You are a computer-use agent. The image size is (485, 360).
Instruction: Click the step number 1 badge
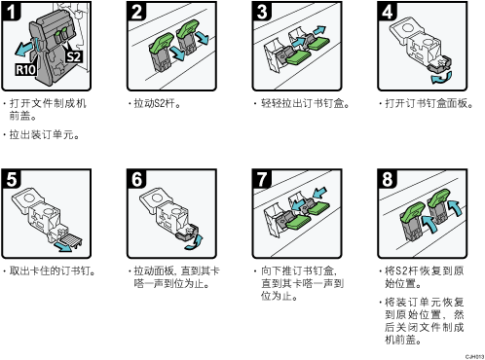coord(11,11)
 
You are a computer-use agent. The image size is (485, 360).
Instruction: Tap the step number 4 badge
coord(387,11)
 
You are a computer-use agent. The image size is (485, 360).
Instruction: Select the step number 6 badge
coord(136,179)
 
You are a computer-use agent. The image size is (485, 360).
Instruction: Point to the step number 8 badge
coord(387,179)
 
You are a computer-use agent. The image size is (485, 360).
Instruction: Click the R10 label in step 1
coord(25,69)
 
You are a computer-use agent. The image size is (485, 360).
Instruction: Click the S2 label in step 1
coord(74,56)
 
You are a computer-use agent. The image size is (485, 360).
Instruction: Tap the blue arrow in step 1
coord(24,48)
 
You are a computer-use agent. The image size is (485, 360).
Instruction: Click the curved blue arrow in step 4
coord(441,78)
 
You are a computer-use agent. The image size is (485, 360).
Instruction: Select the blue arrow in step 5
coord(63,246)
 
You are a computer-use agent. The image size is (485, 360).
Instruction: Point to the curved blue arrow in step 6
coord(195,243)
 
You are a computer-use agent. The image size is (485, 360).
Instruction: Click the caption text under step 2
coord(157,104)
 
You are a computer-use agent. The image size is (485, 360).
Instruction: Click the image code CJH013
coord(474,356)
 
